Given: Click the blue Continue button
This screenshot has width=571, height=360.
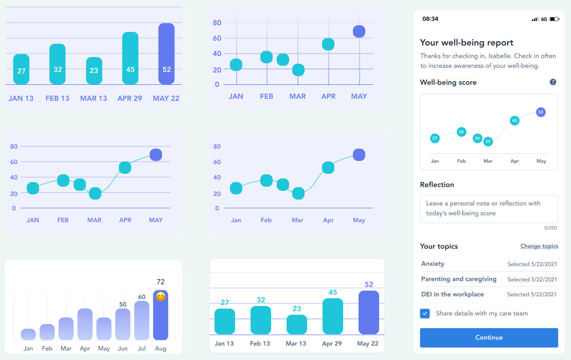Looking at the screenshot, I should [489, 337].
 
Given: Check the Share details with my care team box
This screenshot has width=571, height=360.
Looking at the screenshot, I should [425, 313].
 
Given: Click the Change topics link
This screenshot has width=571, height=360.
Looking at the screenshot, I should [539, 246].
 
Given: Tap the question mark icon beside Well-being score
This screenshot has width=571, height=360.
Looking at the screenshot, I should [553, 82].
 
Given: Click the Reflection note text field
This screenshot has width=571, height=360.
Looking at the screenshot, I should [489, 208].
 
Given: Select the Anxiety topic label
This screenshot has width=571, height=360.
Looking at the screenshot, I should [433, 264].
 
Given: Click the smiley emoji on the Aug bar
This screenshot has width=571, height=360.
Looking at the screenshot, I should [160, 297].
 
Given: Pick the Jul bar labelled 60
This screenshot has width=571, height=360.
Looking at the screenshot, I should [141, 320].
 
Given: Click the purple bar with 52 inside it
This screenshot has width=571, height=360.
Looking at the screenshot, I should [166, 53].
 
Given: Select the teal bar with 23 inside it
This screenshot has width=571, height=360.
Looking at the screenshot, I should [94, 70].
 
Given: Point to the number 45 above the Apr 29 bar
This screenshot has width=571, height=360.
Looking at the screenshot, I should [333, 293].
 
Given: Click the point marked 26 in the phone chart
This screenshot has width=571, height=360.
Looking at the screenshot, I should [477, 138].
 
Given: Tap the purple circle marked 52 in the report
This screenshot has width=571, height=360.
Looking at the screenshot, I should [541, 112].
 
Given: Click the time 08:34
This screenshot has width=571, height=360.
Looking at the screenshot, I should [430, 19].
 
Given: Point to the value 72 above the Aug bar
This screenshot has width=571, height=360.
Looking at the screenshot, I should [160, 282].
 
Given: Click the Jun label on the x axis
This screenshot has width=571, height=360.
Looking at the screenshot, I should [122, 348].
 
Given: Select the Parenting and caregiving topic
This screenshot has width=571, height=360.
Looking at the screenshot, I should [459, 279].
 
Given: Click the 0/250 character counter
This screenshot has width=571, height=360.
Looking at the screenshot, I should [551, 228].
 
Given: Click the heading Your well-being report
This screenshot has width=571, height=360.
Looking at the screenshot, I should [467, 43].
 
